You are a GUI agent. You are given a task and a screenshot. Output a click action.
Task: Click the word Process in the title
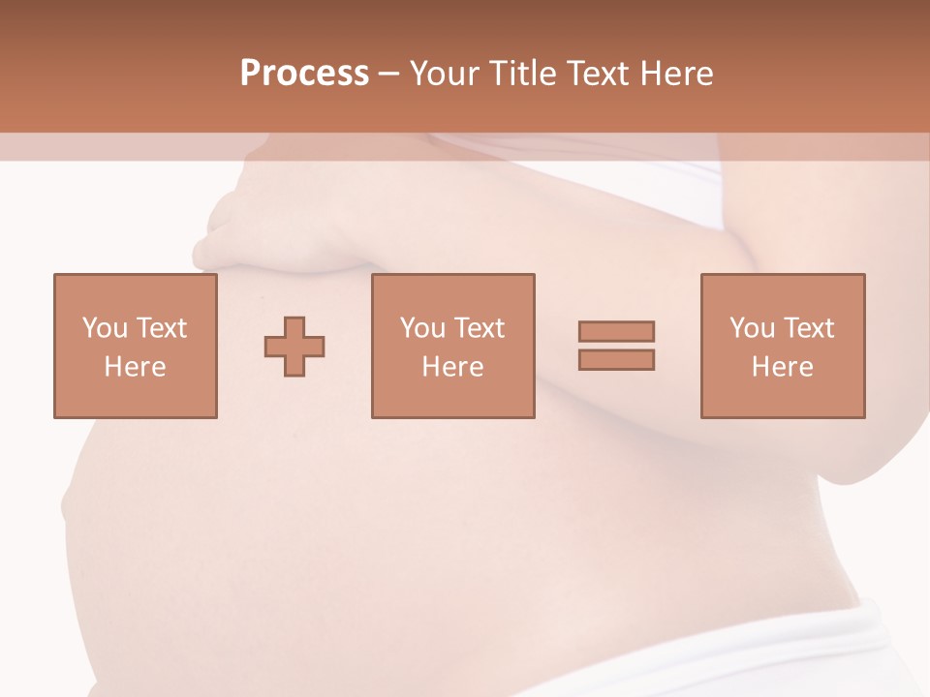[x=304, y=74]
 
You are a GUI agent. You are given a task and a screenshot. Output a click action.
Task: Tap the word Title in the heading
[x=524, y=74]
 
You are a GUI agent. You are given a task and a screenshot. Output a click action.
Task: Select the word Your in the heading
[x=446, y=74]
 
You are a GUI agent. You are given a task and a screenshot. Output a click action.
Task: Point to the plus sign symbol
[x=294, y=347]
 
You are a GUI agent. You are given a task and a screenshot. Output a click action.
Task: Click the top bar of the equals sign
[x=616, y=331]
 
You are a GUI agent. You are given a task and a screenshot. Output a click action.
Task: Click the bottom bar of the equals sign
[x=616, y=359]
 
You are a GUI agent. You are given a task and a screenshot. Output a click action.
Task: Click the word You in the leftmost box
[x=105, y=328]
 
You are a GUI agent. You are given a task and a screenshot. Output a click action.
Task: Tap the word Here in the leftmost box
[x=135, y=367]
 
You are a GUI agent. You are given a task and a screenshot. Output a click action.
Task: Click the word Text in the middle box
[x=479, y=328]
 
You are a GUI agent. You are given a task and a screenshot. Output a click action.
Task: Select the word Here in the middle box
[x=452, y=367]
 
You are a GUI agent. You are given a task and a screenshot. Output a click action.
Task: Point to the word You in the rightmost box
[x=752, y=328]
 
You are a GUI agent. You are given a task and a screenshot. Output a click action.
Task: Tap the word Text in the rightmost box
[x=808, y=328]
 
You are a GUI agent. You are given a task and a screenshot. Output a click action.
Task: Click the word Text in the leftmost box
[x=161, y=328]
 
